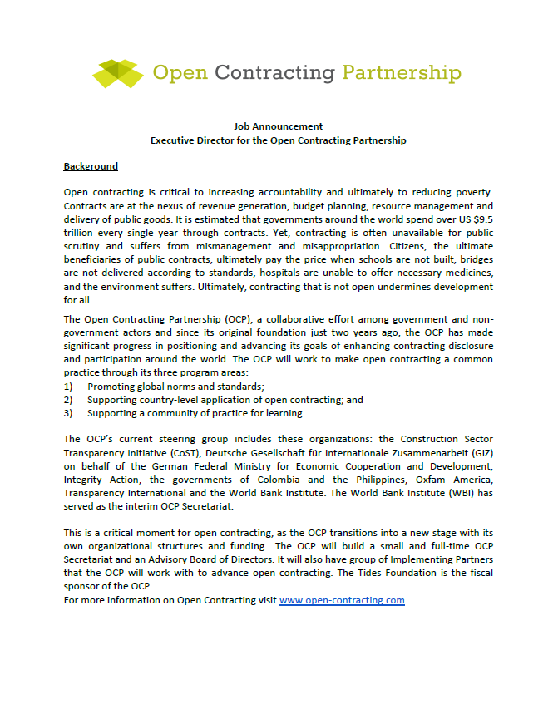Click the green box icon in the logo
119,72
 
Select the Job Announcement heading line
278,126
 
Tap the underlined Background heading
91,166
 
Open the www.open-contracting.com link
342,599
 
